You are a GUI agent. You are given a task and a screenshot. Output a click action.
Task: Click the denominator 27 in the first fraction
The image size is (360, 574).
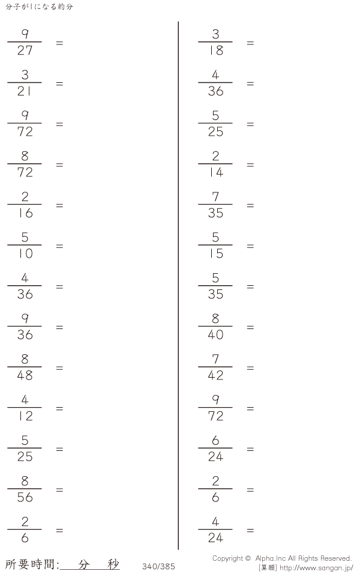coord(25,50)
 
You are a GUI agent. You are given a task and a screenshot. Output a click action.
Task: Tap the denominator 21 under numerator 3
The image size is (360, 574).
coord(24,91)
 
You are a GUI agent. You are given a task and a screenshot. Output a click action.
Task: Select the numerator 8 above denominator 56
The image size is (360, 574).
coord(25,481)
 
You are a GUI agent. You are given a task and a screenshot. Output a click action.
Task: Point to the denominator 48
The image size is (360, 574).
coord(25,375)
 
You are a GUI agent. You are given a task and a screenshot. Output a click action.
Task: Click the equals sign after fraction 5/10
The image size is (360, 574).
coord(59,246)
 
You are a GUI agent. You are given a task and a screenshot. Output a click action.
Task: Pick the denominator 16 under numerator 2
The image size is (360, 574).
coord(25,213)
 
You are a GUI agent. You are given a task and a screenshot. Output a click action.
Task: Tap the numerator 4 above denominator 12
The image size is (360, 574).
coord(25,400)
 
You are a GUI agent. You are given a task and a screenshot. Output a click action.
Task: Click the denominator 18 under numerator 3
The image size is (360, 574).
coord(216,50)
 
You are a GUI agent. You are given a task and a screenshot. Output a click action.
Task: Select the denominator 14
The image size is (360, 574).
coord(216,172)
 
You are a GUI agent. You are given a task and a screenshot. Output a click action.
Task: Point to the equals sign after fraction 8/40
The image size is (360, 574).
coord(250,327)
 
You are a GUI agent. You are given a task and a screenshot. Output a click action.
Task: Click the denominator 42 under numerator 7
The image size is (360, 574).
coord(215,375)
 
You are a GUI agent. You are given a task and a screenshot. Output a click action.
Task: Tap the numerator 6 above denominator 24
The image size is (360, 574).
coord(215,440)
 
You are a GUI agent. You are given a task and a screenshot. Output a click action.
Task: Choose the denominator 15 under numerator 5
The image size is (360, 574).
coord(216,254)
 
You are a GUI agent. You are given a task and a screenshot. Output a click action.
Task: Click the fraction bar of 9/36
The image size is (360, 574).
coord(25,326)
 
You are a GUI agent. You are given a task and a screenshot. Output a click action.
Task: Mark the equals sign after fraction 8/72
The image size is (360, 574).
coord(59,165)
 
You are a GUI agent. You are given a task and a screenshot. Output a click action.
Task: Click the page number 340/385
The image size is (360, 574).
coord(158,566)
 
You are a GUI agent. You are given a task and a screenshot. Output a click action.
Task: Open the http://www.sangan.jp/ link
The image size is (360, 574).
coord(316,568)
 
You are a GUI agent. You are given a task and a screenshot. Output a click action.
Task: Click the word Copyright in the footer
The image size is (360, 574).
coord(227,558)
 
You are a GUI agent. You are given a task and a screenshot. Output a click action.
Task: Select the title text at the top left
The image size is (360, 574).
coord(39,7)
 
